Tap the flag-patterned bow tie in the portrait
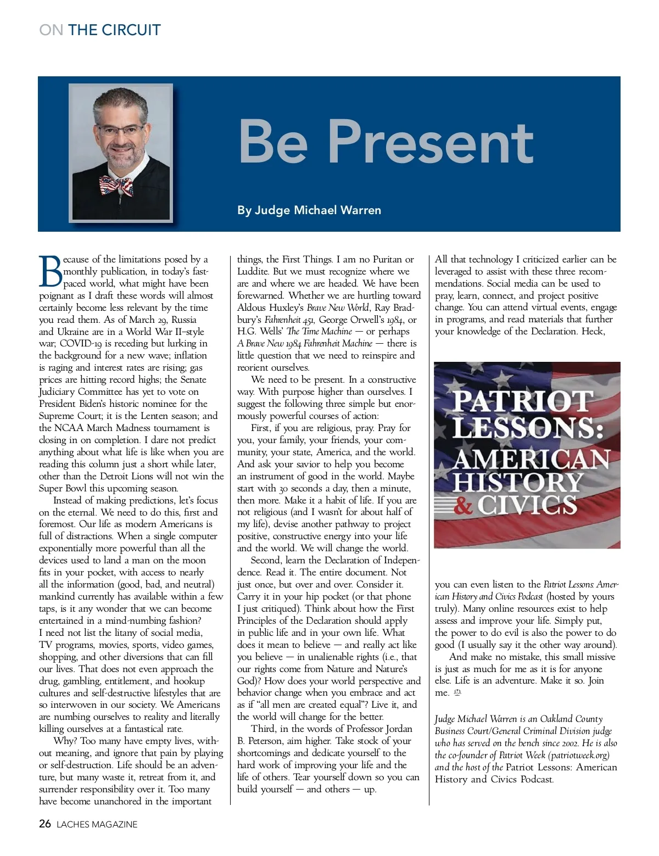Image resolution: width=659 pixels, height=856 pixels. pos(116,186)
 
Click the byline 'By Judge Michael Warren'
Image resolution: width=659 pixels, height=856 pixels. pos(309,210)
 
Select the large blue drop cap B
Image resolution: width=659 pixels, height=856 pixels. pos(50,272)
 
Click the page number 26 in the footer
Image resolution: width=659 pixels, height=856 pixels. pos(45,824)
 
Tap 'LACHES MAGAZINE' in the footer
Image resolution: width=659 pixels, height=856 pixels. pos(97,824)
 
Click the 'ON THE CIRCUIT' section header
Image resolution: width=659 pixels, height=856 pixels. pos(100,30)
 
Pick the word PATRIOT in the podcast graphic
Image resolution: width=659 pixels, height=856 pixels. pos(522,401)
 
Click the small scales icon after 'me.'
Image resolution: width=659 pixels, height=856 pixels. pos(457,693)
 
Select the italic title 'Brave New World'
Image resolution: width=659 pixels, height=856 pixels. pos(338,307)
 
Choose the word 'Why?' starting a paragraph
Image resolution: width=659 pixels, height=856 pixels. pos(65,741)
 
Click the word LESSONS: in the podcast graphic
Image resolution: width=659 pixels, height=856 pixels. pos(528,427)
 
